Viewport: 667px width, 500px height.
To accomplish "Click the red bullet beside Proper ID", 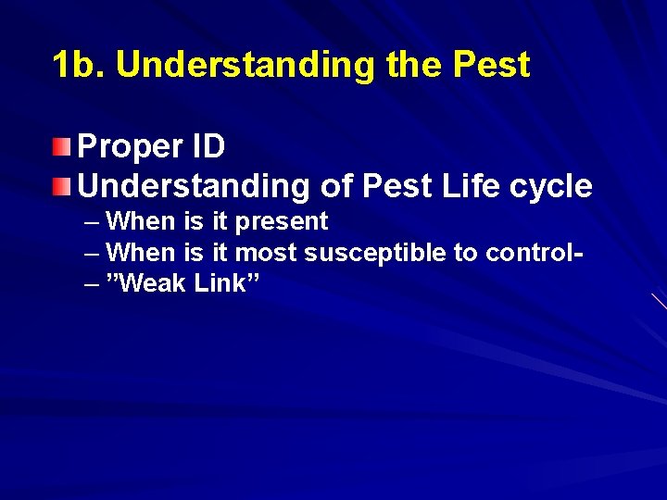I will [61, 145].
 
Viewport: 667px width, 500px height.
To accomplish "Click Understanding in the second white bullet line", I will [195, 186].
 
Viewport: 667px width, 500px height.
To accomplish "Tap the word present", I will [283, 222].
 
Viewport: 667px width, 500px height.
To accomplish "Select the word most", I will [267, 253].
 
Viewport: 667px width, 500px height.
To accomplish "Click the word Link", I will [220, 283].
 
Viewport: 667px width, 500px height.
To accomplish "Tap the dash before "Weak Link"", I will [90, 284].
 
